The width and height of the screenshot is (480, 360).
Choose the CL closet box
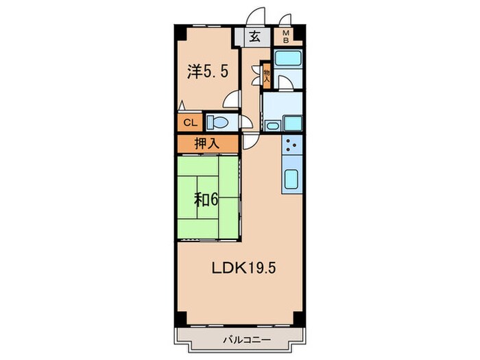click(x=189, y=123)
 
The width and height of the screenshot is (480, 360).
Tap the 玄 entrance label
click(x=254, y=37)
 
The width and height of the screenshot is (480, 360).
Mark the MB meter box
click(x=284, y=36)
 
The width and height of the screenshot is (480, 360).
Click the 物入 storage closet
click(x=267, y=75)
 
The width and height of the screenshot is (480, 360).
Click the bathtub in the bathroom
click(x=287, y=58)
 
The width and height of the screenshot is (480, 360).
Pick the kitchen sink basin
click(x=291, y=180)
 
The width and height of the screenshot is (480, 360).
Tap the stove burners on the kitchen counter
click(x=290, y=145)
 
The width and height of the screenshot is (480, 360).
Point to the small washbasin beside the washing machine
click(x=272, y=125)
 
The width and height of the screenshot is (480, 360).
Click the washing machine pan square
click(x=292, y=123)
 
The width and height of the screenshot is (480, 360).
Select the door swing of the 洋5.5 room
click(x=234, y=100)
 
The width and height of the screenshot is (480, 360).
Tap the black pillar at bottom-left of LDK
click(x=180, y=319)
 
